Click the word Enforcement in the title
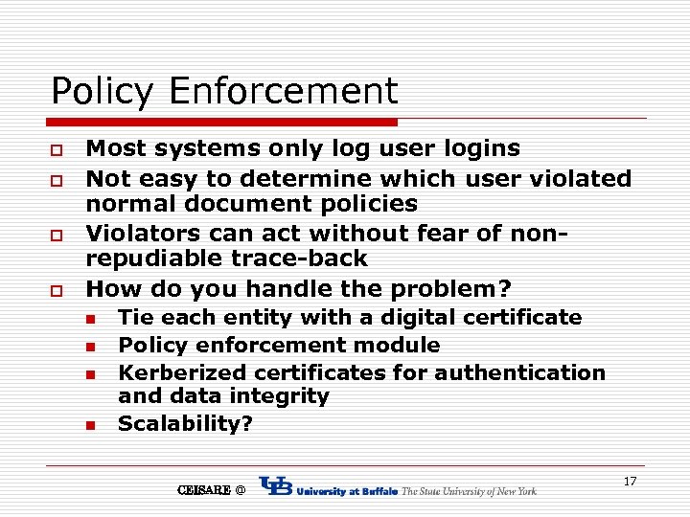pos(283,92)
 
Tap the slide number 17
pos(630,481)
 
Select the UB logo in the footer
pos(276,488)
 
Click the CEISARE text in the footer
pos(204,490)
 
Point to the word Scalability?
pos(186,423)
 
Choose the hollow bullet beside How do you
pos(57,290)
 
